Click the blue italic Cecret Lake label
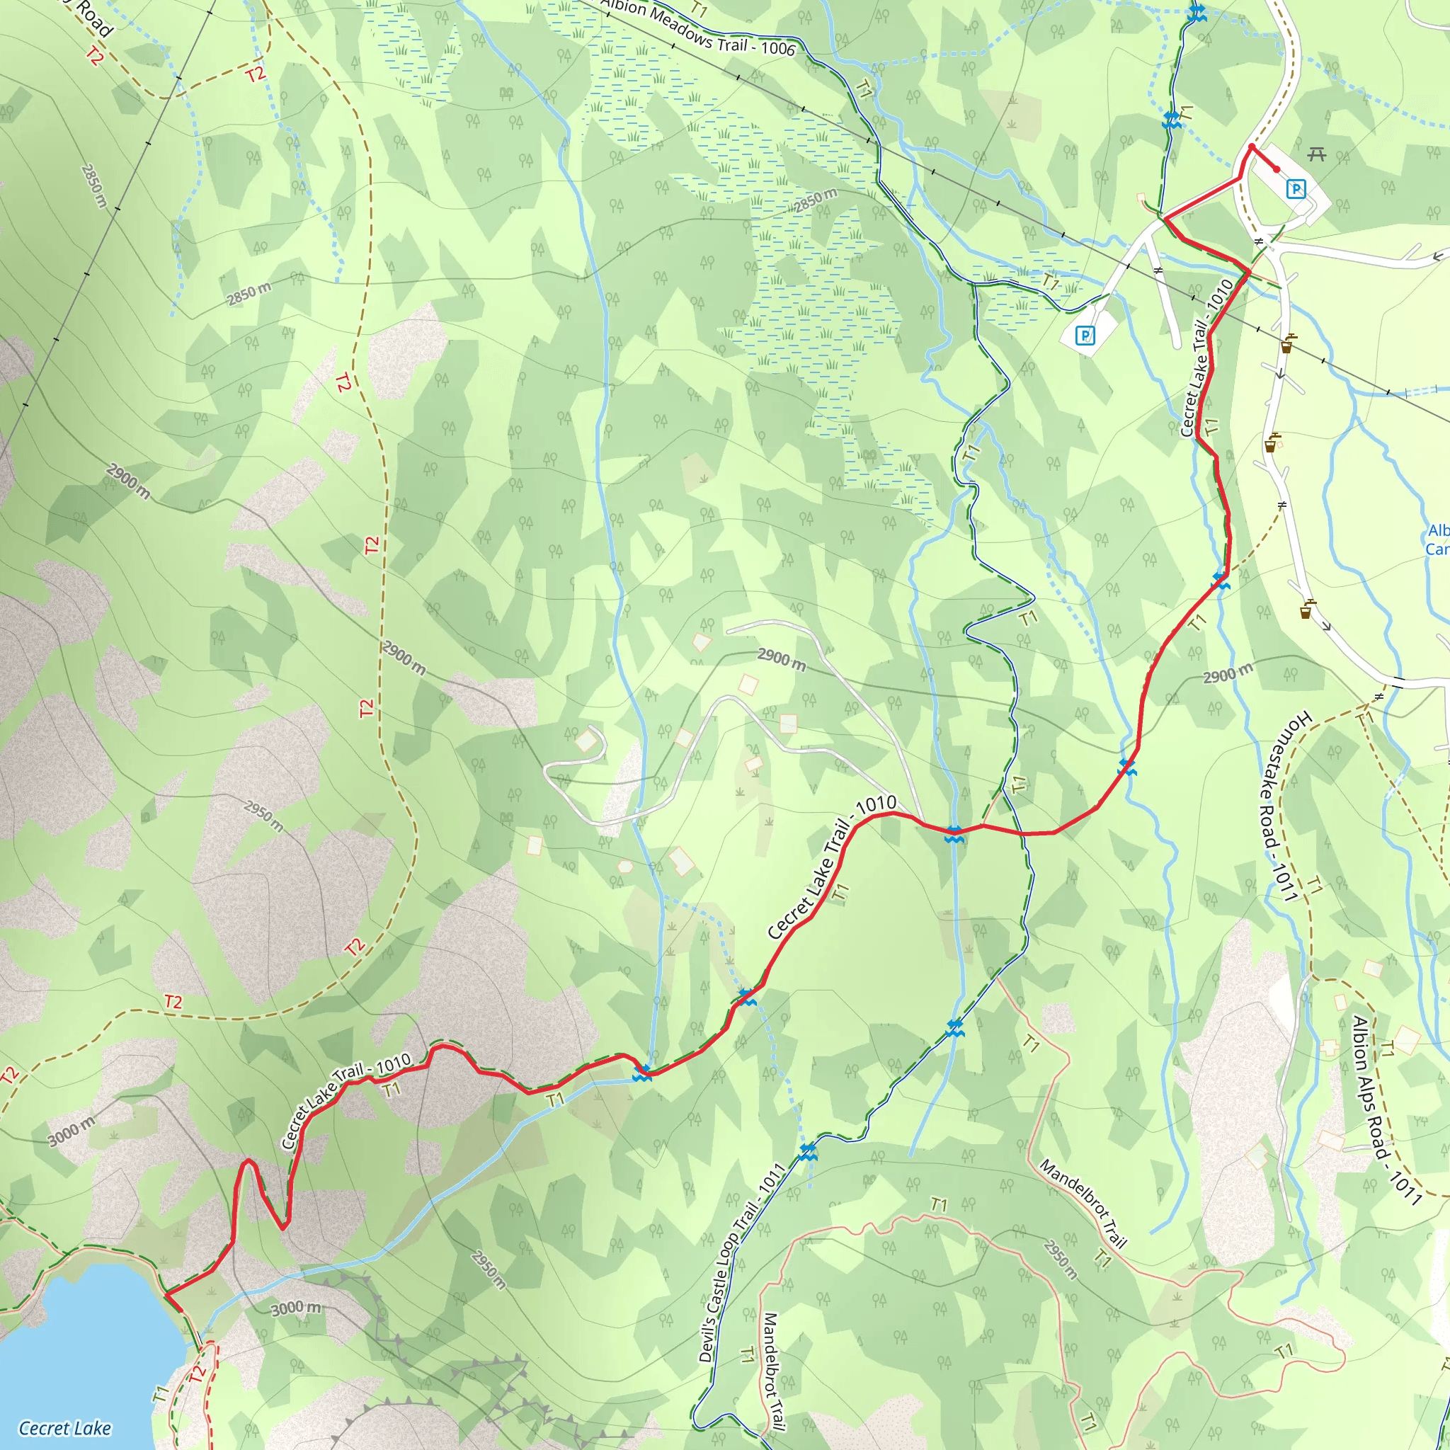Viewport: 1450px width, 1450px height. [x=65, y=1427]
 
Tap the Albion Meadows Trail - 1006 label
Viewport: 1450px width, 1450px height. [x=697, y=27]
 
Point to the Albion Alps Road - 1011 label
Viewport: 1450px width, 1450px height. [x=1386, y=1110]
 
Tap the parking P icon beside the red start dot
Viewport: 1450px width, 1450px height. [x=1296, y=189]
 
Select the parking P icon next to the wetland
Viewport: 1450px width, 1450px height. [x=1085, y=335]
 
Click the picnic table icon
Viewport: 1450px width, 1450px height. [x=1316, y=155]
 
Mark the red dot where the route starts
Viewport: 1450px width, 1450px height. [x=1277, y=170]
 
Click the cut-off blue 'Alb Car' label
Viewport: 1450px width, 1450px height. [x=1437, y=540]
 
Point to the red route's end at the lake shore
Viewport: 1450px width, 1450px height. [x=166, y=1294]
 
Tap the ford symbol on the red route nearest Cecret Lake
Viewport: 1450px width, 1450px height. [x=641, y=1073]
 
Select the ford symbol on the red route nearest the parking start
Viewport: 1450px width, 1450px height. [x=1221, y=579]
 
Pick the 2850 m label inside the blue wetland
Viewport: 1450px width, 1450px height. [x=815, y=200]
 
